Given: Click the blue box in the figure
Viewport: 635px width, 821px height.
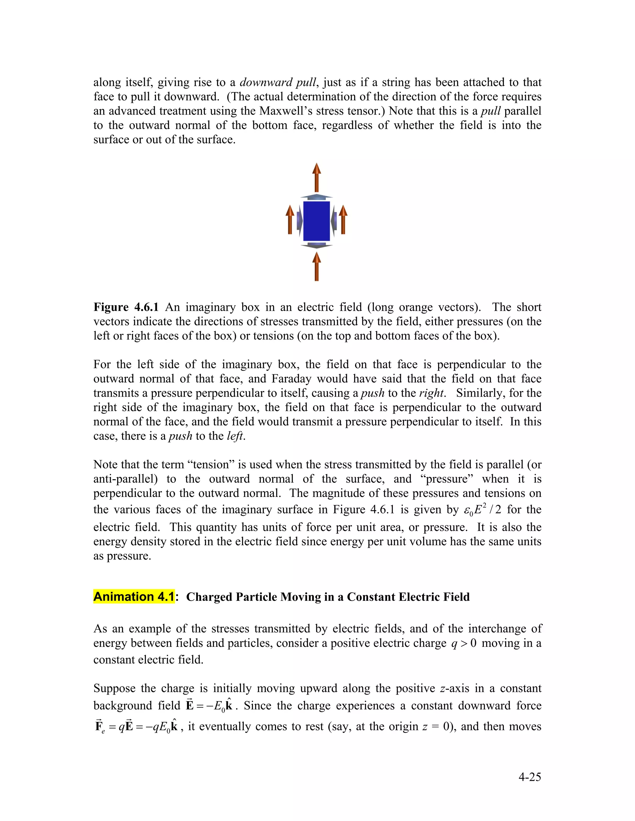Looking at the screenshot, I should (316, 221).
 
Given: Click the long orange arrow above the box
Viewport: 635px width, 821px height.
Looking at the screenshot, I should (317, 178).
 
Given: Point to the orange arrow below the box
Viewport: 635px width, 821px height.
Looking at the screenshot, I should (317, 266).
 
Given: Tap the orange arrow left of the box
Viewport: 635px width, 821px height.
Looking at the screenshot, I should (290, 220).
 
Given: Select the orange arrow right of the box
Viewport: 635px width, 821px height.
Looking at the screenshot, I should (343, 220).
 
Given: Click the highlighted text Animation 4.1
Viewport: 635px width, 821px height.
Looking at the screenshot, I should (134, 597).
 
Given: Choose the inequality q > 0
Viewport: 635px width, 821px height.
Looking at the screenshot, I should (464, 643).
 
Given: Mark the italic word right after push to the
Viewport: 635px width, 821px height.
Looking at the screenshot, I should (432, 393).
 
